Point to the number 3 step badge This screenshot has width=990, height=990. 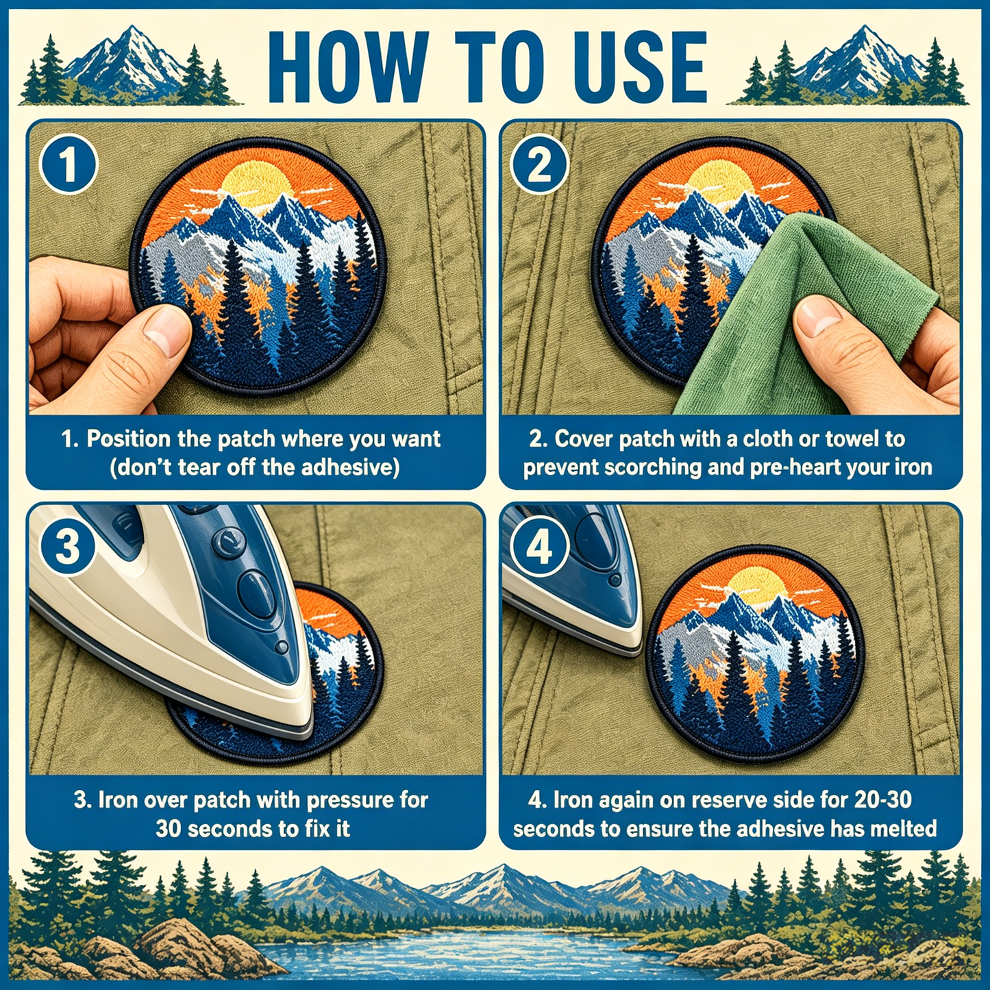coord(68,547)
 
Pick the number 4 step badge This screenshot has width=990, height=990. coord(539,547)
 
